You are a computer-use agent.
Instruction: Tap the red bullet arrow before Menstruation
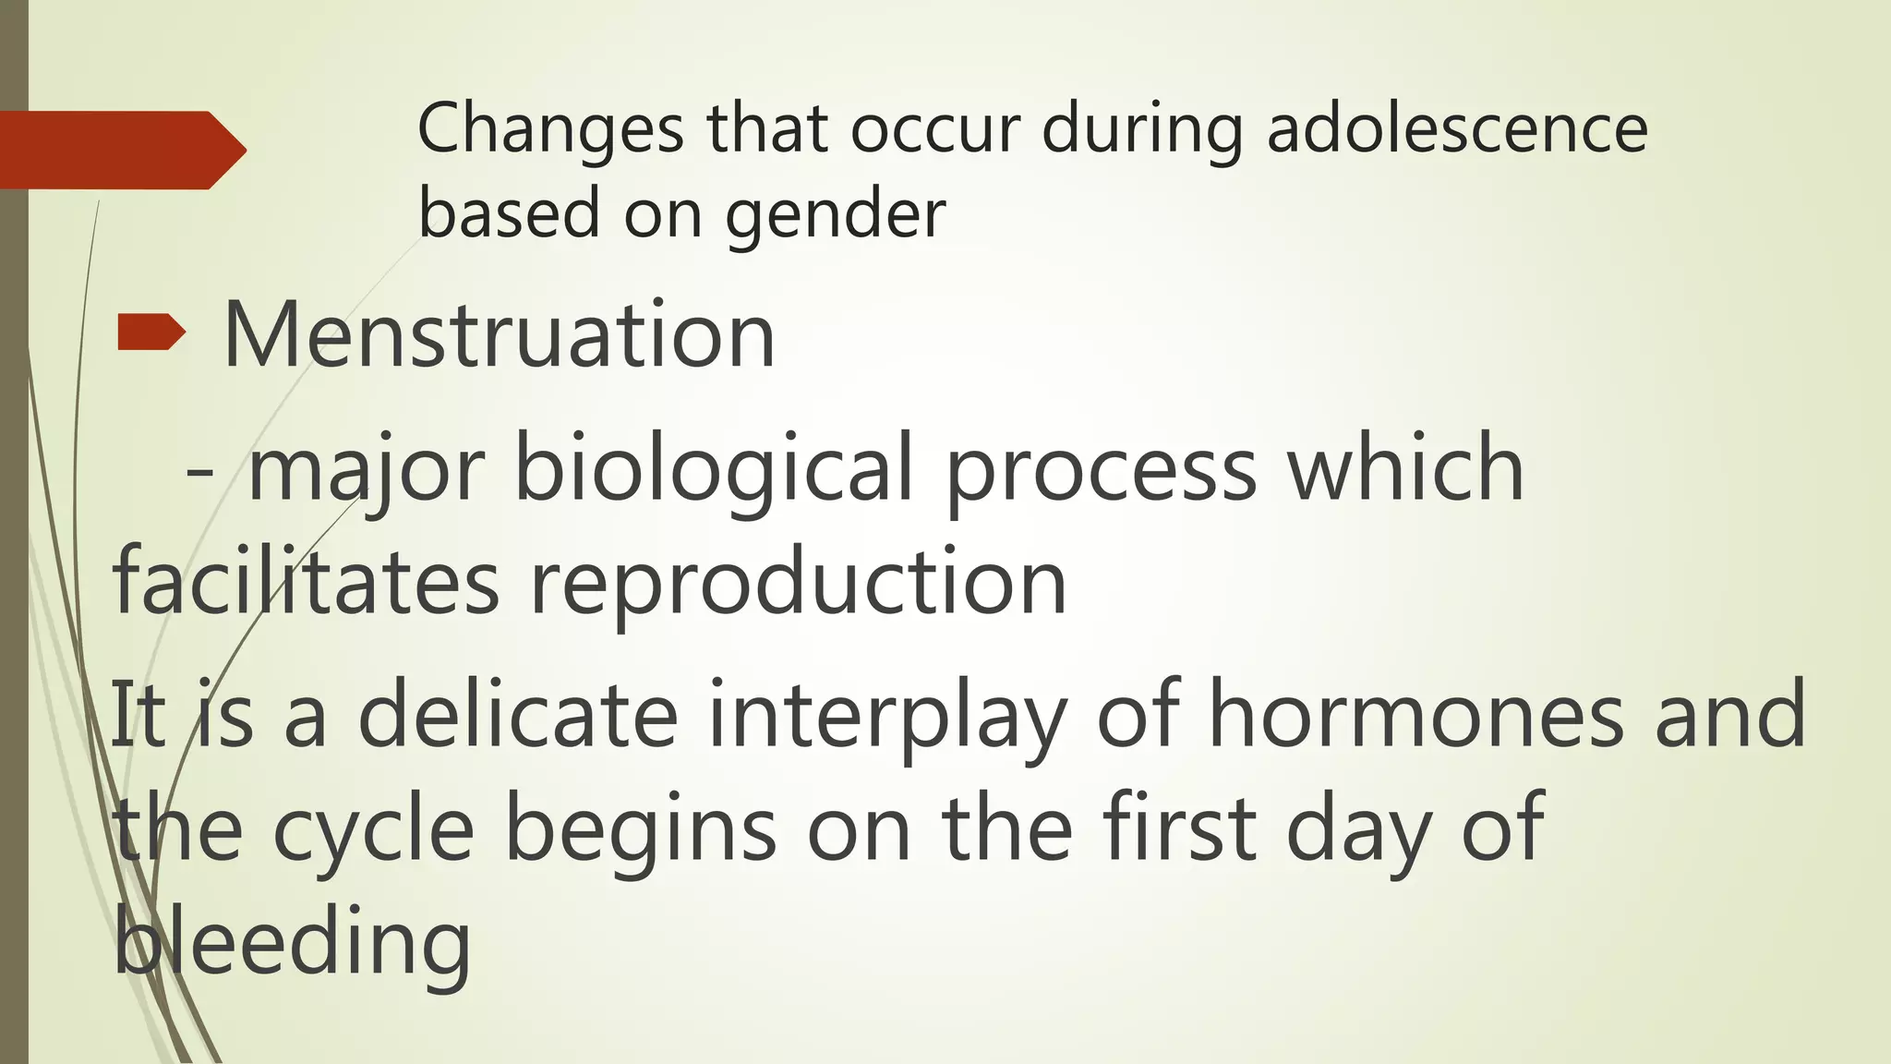click(151, 332)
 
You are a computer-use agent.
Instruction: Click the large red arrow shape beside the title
click(120, 150)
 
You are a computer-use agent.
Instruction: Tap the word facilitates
click(305, 582)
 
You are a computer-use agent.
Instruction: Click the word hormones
click(1415, 713)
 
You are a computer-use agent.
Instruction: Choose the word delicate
click(518, 713)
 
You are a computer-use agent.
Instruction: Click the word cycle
click(373, 829)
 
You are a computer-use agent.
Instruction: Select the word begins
click(642, 829)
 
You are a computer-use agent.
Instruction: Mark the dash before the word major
click(200, 471)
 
